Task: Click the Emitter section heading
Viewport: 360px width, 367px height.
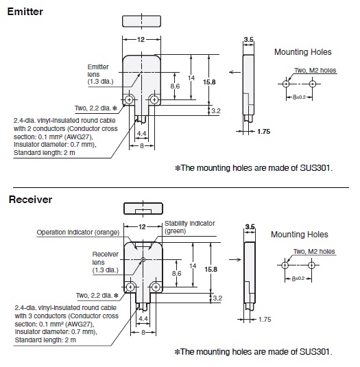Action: pyautogui.click(x=25, y=12)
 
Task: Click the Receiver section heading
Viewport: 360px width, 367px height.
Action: pyautogui.click(x=30, y=200)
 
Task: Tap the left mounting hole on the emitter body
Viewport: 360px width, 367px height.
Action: pyautogui.click(x=129, y=100)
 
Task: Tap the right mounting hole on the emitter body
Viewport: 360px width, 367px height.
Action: pyautogui.click(x=154, y=100)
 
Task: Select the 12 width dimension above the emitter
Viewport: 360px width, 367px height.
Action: pyautogui.click(x=141, y=40)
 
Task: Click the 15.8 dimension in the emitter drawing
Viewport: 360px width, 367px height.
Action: pyautogui.click(x=209, y=82)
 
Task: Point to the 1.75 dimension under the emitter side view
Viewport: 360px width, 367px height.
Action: pyautogui.click(x=263, y=132)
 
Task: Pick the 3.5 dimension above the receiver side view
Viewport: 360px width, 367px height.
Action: pyautogui.click(x=250, y=226)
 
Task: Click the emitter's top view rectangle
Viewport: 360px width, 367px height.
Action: pyautogui.click(x=141, y=21)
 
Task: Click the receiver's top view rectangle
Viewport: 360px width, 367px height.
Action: pyautogui.click(x=143, y=209)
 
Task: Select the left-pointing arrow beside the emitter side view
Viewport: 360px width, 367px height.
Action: pyautogui.click(x=235, y=72)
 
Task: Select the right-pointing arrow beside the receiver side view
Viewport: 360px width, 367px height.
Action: pyautogui.click(x=235, y=259)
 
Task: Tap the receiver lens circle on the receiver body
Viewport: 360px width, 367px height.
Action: pyautogui.click(x=143, y=259)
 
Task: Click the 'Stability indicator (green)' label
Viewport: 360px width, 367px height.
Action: pyautogui.click(x=189, y=227)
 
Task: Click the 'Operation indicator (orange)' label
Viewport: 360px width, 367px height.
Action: pyautogui.click(x=78, y=233)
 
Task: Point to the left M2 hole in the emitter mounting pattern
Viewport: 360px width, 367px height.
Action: pyautogui.click(x=286, y=84)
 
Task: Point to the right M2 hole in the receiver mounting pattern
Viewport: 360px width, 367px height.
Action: pyautogui.click(x=311, y=265)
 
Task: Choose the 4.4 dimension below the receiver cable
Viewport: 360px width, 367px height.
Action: pyautogui.click(x=143, y=318)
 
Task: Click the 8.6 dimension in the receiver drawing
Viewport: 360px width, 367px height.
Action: pyautogui.click(x=176, y=274)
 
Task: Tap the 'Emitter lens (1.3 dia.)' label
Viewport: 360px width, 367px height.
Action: pyautogui.click(x=100, y=74)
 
